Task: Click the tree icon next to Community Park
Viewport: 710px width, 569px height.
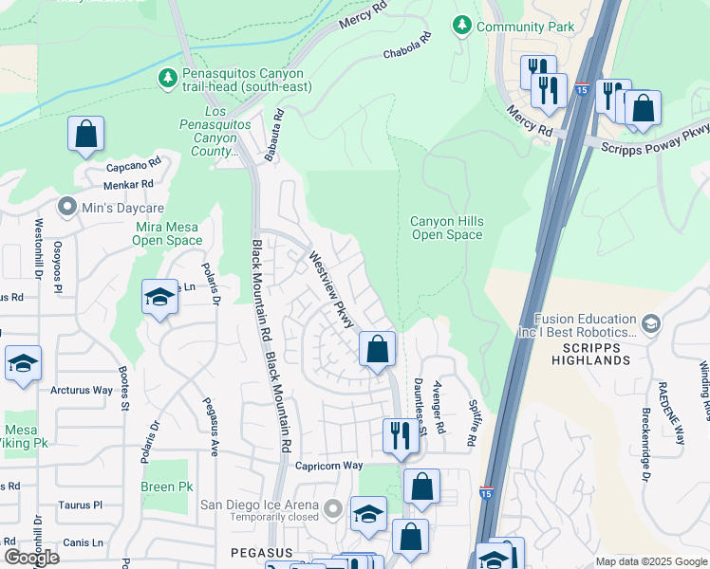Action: (x=462, y=26)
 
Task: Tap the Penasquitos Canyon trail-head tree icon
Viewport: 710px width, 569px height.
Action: (x=168, y=77)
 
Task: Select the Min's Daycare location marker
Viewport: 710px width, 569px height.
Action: (x=66, y=206)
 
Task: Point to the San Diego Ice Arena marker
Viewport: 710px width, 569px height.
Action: (x=332, y=510)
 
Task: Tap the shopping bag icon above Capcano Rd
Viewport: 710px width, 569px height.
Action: (x=85, y=135)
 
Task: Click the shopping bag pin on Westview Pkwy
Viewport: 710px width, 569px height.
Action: (x=377, y=349)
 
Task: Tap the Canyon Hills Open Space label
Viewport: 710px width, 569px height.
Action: (x=446, y=228)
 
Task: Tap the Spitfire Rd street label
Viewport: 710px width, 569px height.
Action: (x=471, y=423)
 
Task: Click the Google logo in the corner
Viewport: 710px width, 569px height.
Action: (x=32, y=558)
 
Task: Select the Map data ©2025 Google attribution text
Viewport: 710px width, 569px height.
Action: (x=650, y=561)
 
